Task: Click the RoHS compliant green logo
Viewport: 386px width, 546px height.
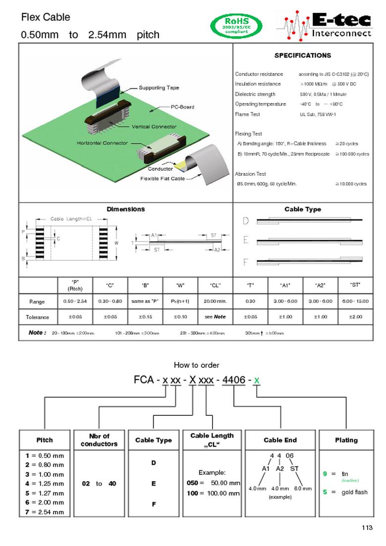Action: (x=236, y=26)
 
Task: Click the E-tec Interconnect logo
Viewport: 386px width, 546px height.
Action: (x=324, y=25)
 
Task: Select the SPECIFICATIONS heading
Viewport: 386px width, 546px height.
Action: (x=302, y=55)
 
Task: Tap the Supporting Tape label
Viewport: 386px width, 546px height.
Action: (x=159, y=88)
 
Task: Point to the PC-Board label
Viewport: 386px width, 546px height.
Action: (x=182, y=107)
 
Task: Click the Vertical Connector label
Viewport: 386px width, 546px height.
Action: (x=154, y=127)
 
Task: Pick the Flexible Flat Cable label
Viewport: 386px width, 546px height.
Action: (x=163, y=178)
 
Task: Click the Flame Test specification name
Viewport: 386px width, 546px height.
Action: (x=247, y=114)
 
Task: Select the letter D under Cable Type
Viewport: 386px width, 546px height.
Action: (x=245, y=221)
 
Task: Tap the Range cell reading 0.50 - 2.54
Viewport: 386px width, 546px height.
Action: (x=75, y=301)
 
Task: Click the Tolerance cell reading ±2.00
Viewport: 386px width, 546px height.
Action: (x=355, y=317)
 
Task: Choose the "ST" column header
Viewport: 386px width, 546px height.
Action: (x=355, y=285)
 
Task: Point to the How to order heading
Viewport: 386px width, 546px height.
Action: (x=196, y=365)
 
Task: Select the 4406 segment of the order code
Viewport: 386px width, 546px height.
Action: (x=233, y=380)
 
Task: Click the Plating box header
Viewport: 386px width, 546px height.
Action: (x=346, y=440)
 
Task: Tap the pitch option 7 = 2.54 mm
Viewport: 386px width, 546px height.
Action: (x=45, y=512)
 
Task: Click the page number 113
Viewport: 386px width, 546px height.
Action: (x=366, y=528)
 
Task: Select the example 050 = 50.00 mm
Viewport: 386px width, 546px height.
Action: (x=213, y=483)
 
